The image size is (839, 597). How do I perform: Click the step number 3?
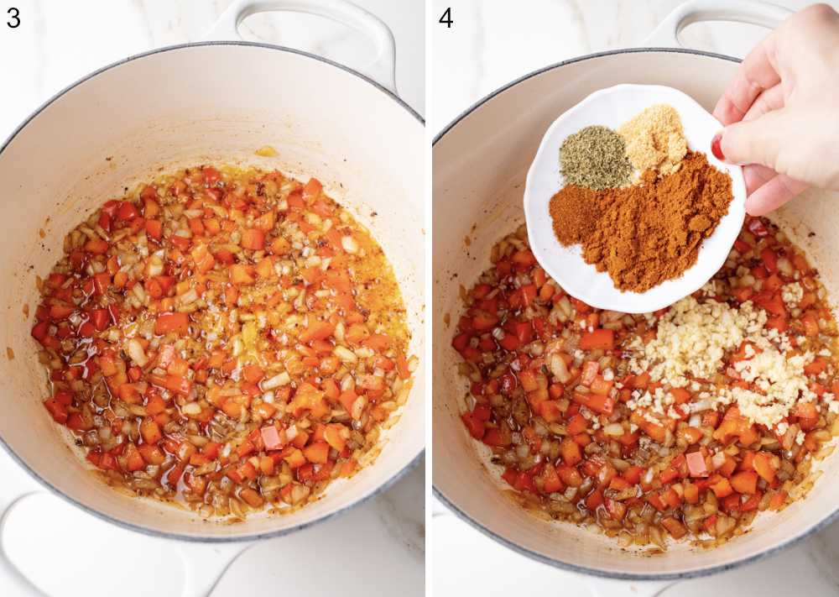tap(13, 17)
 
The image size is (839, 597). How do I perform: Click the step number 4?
tap(446, 17)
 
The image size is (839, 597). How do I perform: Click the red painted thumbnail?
tap(718, 148)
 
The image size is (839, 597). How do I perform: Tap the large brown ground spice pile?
tap(663, 218)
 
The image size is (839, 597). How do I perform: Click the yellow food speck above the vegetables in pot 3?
tap(267, 151)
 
